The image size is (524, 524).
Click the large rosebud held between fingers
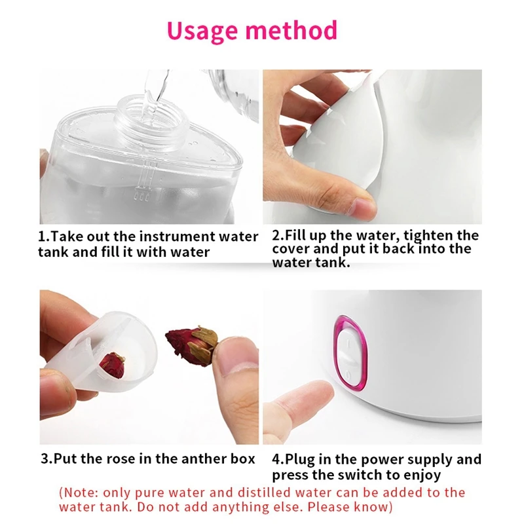191,341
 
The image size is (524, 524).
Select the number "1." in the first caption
45,236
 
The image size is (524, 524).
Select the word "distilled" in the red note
269,493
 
